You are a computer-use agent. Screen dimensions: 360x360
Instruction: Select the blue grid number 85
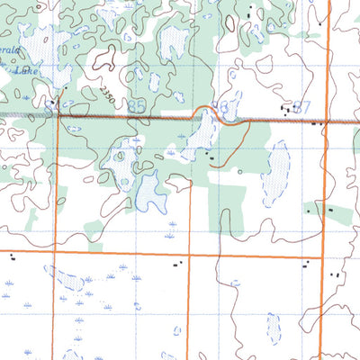coord(138,106)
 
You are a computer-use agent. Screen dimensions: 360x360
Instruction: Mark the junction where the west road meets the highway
coord(58,115)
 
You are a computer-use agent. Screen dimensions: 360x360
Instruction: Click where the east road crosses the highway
coord(328,118)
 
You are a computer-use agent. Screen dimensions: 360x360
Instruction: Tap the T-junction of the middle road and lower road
coord(190,256)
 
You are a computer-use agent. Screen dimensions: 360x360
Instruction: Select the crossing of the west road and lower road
coord(55,253)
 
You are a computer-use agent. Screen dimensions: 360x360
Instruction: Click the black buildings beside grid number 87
coord(288,108)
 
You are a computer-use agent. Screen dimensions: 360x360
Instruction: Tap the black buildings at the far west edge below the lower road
coord(12,256)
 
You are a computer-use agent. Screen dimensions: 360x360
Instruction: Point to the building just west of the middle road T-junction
coord(178,264)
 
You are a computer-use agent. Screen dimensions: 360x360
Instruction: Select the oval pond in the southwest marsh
coord(66,278)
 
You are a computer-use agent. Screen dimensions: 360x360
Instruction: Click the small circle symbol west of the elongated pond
coord(239,169)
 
